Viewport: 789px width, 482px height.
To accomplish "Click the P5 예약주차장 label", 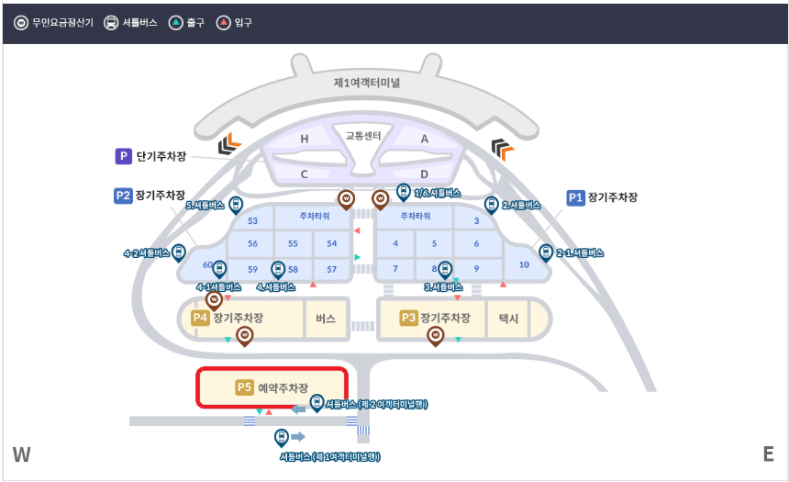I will click(x=272, y=387).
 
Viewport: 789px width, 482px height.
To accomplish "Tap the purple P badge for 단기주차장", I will click(x=123, y=157).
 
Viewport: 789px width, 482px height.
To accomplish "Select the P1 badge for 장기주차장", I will click(x=576, y=197).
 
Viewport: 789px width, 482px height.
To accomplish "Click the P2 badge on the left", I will click(x=123, y=196).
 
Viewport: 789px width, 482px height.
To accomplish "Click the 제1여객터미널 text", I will click(x=367, y=83).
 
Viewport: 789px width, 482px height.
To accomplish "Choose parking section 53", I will click(x=253, y=221).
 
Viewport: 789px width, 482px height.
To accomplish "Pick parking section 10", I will click(x=524, y=264).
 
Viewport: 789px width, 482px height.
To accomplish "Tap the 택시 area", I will click(x=508, y=319).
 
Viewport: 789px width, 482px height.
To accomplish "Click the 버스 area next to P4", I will click(x=326, y=319).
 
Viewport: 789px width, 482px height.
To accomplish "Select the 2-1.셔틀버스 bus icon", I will click(x=546, y=252).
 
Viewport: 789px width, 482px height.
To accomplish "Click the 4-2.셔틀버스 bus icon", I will click(x=179, y=252).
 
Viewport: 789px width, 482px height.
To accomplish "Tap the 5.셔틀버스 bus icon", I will click(x=236, y=206).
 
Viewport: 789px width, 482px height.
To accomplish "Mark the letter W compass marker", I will click(x=22, y=454).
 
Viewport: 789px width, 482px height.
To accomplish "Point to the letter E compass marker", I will click(x=768, y=454).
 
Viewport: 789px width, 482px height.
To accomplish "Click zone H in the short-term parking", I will click(x=305, y=139).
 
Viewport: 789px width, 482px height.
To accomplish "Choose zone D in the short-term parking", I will click(x=424, y=174).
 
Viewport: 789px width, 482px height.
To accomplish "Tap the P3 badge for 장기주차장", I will click(x=409, y=319).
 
